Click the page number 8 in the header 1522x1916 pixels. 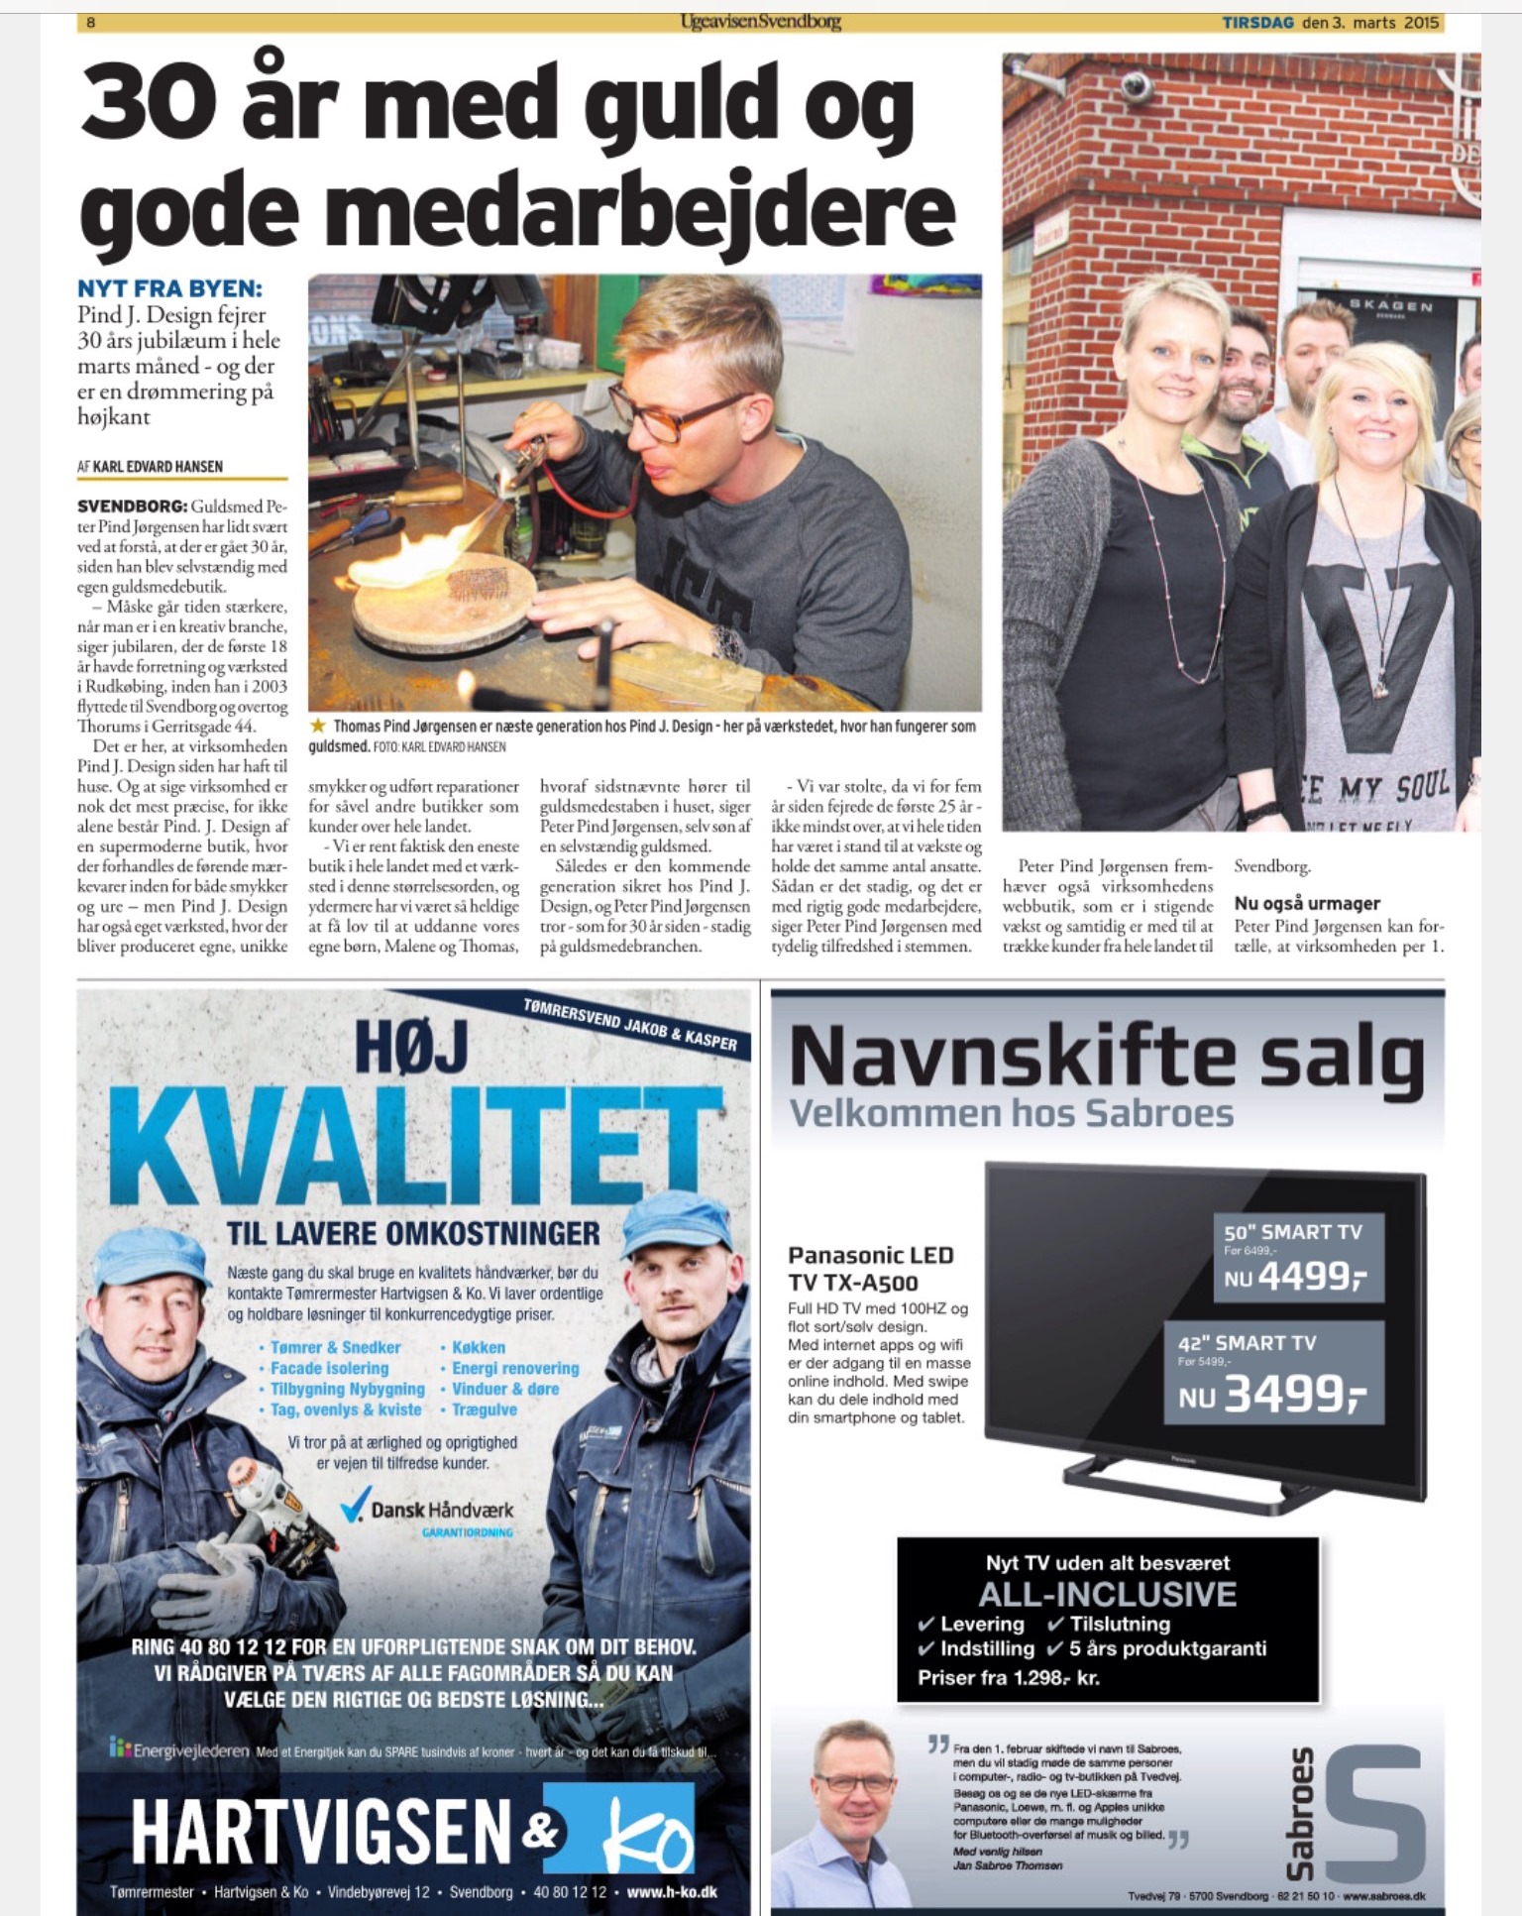point(91,22)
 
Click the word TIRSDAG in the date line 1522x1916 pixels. point(1256,22)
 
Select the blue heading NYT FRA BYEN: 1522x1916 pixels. point(169,288)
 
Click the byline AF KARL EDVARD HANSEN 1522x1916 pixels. point(150,466)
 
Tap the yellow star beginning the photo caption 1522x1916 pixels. point(318,727)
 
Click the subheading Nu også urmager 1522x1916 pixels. point(1306,903)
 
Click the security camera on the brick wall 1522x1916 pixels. point(1136,88)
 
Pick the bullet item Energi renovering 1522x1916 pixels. point(514,1368)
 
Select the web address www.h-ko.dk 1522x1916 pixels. point(672,1891)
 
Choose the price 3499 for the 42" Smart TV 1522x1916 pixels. point(1295,1395)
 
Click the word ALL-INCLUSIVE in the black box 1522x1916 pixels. point(1107,1594)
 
